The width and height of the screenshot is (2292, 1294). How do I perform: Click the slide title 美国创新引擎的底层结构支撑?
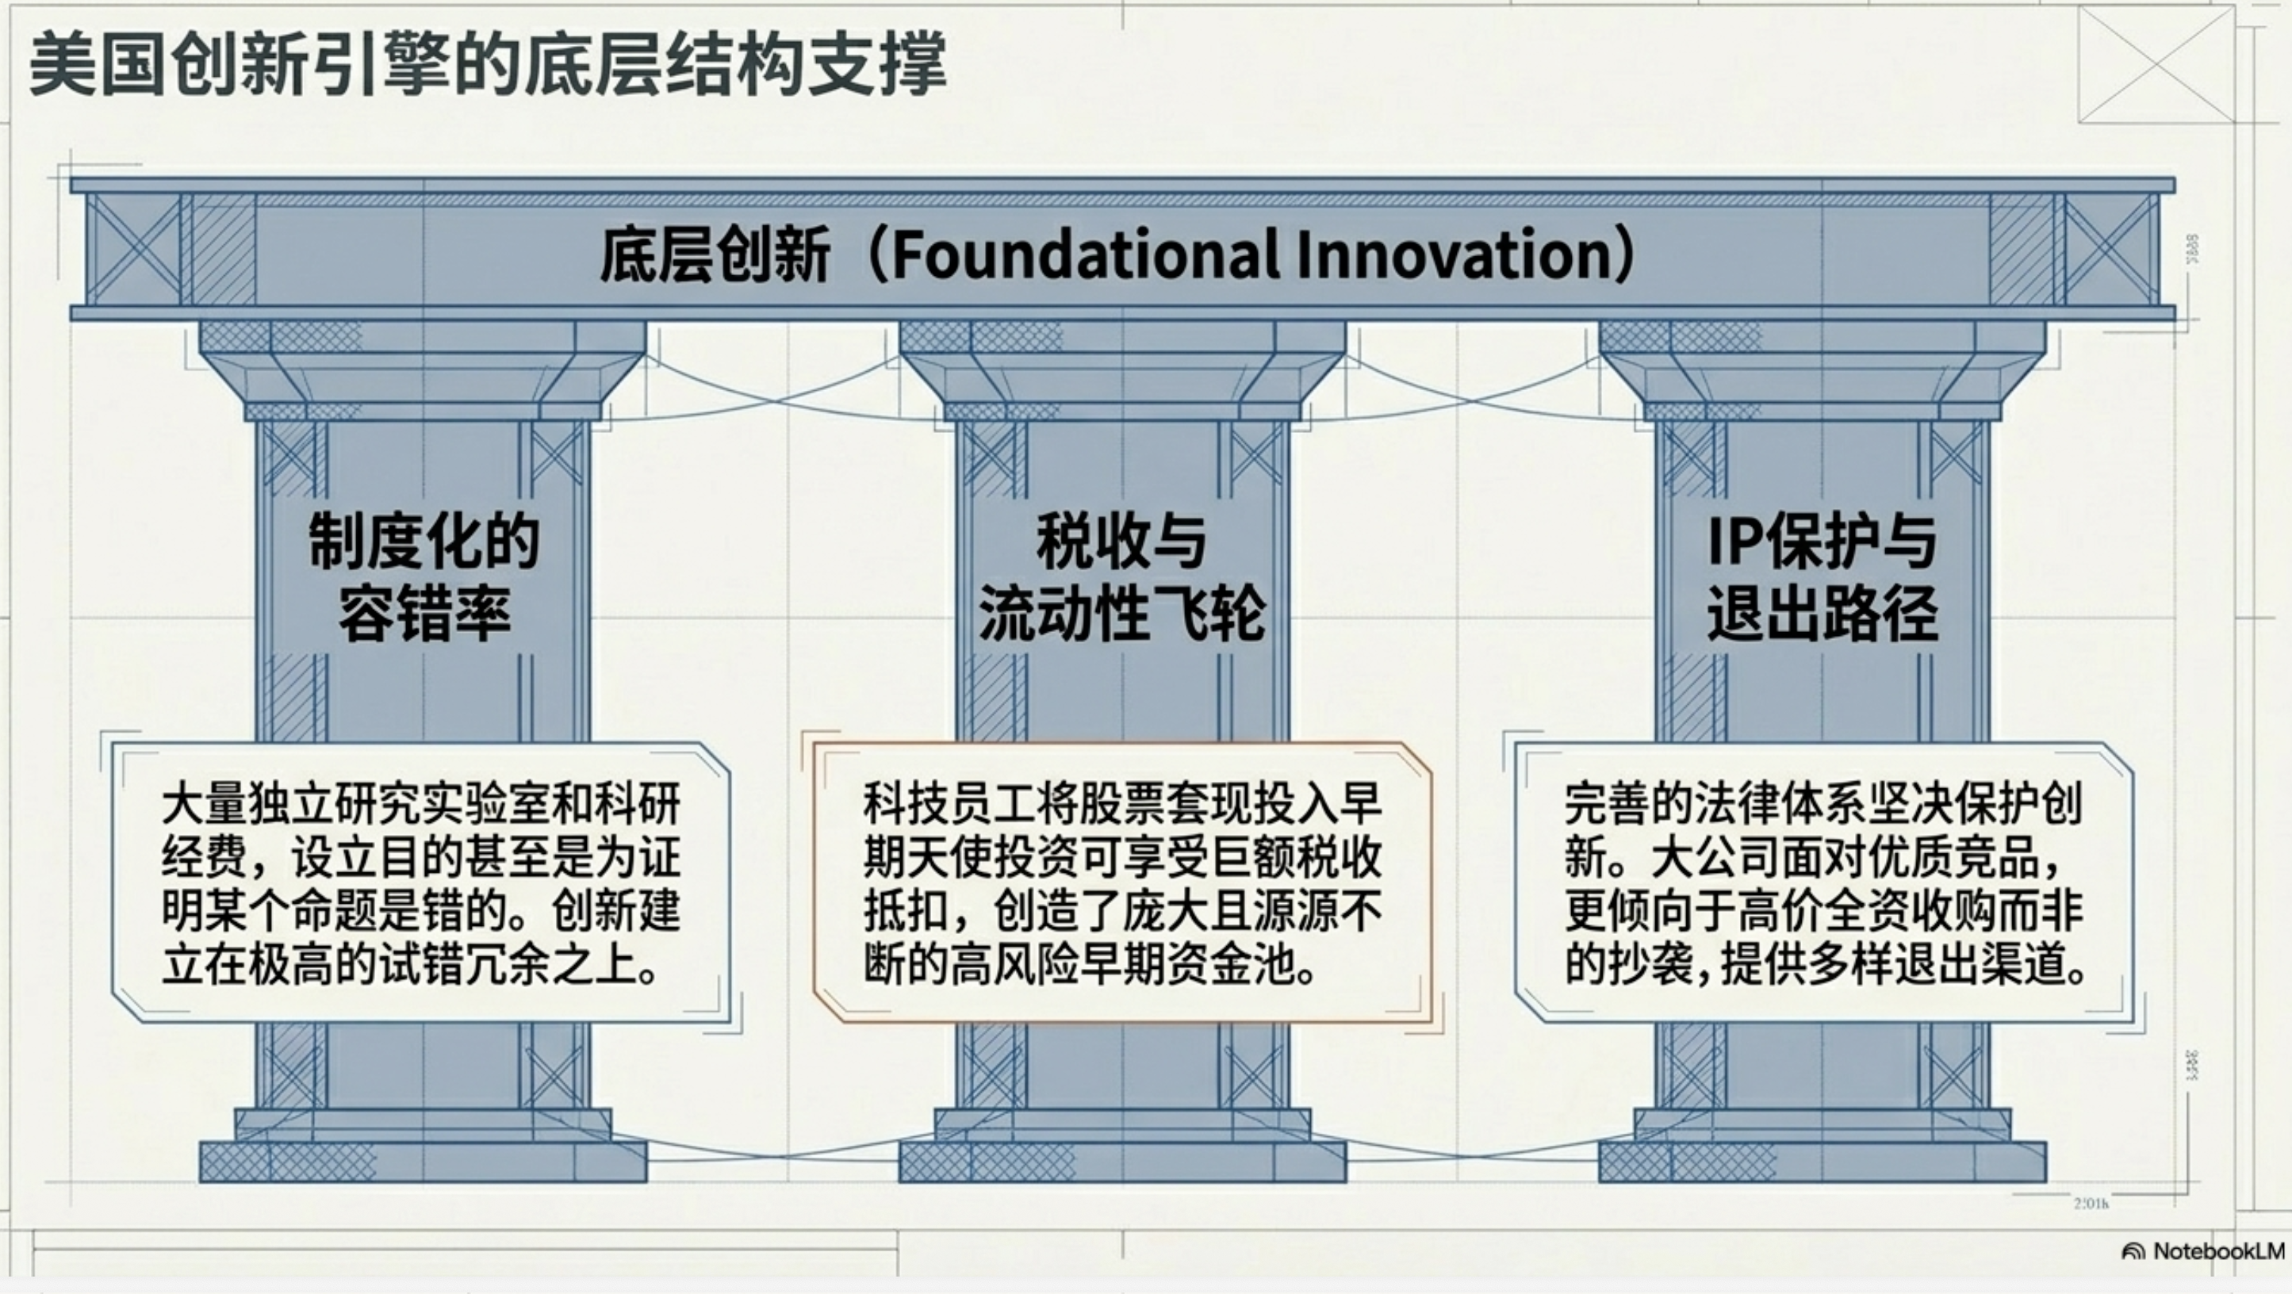488,64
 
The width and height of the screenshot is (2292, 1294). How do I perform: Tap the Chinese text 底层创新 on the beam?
715,255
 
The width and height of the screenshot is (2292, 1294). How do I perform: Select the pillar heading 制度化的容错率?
424,577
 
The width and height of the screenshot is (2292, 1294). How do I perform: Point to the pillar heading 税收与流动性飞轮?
1122,577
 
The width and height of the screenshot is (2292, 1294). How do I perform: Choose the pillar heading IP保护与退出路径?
1822,577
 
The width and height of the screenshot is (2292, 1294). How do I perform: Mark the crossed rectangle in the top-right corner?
2155,64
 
